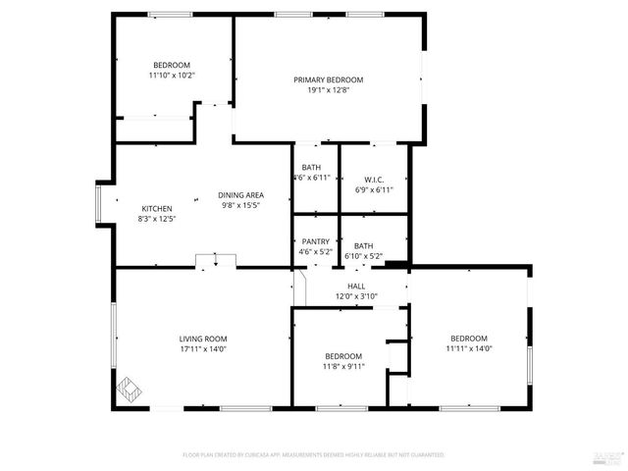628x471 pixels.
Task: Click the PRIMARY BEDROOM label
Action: (329, 79)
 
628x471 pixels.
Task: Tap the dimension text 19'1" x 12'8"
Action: (329, 90)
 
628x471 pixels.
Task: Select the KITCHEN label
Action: (157, 209)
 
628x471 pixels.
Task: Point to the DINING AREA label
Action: (240, 194)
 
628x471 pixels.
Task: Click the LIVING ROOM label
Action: (203, 339)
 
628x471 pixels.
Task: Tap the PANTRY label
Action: (315, 241)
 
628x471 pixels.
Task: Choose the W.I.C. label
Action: (373, 180)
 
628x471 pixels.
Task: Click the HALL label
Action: (356, 286)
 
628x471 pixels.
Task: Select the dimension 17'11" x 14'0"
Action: (203, 349)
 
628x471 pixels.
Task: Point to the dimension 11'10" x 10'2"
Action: (172, 75)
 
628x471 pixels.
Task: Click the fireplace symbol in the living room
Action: (128, 389)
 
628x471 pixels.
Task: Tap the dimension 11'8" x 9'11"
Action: (343, 366)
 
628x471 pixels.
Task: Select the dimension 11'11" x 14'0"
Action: (468, 348)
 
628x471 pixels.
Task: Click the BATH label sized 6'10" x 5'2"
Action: (363, 246)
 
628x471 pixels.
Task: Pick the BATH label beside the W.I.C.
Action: (311, 168)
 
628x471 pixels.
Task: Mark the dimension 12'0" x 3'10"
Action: (356, 296)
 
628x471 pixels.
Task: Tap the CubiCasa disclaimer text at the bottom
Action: (314, 455)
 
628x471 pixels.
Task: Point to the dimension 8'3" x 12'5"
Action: (157, 220)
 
